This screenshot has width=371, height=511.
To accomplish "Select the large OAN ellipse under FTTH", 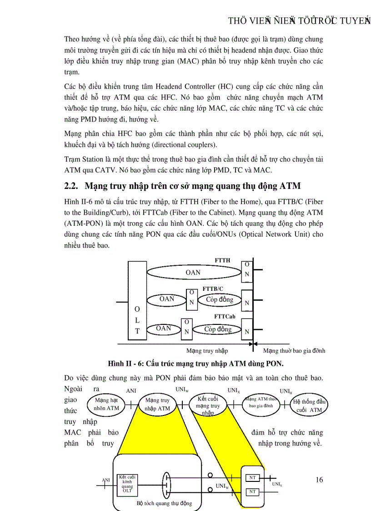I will tap(193, 272).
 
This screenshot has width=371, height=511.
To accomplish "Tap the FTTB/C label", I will tap(213, 288).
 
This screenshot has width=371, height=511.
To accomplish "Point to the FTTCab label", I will tap(225, 316).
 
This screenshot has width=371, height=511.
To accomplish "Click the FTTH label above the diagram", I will tap(222, 260).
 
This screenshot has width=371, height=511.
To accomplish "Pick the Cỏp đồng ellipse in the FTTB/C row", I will tap(219, 299).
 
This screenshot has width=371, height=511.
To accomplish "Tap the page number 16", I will tap(319, 480).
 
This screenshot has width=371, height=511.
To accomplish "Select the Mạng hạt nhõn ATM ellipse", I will tap(107, 404).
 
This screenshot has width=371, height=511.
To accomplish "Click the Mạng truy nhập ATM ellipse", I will tap(157, 404).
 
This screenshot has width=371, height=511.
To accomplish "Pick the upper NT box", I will tap(252, 478).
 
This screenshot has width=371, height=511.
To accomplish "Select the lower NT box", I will tap(252, 492).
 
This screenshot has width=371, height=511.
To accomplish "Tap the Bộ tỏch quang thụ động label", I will tap(164, 503).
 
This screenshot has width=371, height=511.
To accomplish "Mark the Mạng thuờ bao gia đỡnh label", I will tap(294, 351).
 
